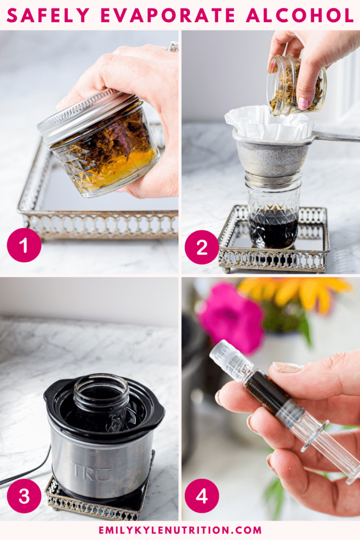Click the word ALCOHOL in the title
pyautogui.click(x=300, y=15)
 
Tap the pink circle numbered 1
pyautogui.click(x=24, y=245)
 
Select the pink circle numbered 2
pyautogui.click(x=201, y=247)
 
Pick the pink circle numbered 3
pyautogui.click(x=24, y=495)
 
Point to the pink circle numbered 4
pyautogui.click(x=201, y=495)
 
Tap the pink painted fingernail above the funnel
pyautogui.click(x=303, y=103)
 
